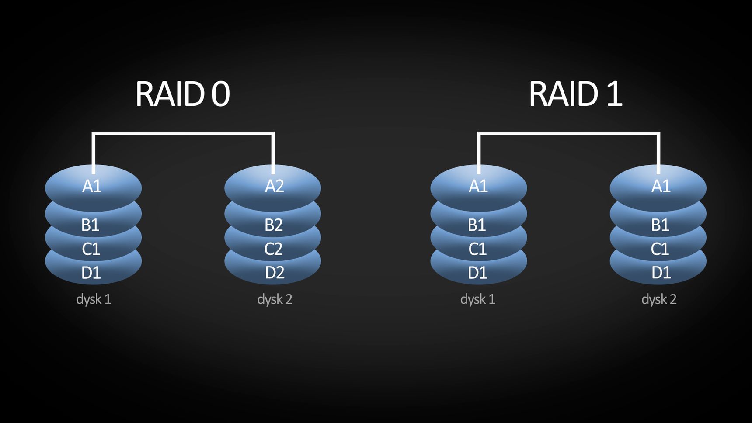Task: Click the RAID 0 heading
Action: (x=183, y=94)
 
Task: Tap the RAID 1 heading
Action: (x=576, y=94)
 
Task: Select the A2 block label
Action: (x=275, y=186)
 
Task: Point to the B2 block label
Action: (x=274, y=225)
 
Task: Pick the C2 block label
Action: (x=273, y=249)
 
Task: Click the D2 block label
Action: (x=275, y=273)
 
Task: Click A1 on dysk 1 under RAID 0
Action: (x=92, y=186)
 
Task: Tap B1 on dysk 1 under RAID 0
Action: (x=91, y=225)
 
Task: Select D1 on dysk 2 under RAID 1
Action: (x=661, y=273)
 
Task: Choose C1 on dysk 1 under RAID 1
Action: (x=477, y=249)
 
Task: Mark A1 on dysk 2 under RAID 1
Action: (x=661, y=186)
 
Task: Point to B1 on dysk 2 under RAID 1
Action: (x=660, y=225)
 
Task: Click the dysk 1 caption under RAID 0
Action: (x=94, y=299)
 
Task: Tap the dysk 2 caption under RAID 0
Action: (x=275, y=299)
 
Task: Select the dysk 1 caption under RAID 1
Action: (x=478, y=299)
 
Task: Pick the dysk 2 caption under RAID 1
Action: (x=659, y=299)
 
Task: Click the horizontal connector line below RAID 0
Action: (x=183, y=134)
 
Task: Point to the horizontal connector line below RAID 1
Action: (x=568, y=134)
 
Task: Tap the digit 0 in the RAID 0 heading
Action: (x=221, y=94)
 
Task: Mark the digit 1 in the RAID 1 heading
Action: (x=615, y=94)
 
